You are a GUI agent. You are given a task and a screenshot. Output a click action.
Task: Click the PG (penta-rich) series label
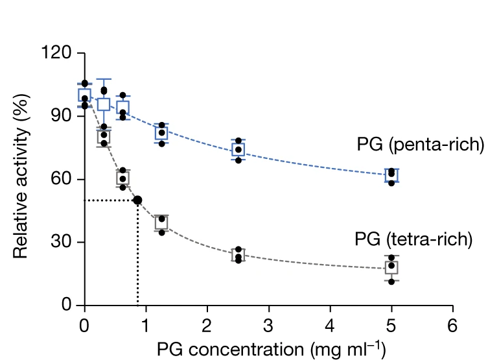coord(420,144)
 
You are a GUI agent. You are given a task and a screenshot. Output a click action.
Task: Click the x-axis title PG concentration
coord(271,349)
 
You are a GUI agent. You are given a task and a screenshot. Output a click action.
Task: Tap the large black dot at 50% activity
coord(137,200)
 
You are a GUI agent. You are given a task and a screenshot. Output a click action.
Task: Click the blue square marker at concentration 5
coord(391,175)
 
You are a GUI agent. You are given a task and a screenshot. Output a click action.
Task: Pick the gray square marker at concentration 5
coord(391,267)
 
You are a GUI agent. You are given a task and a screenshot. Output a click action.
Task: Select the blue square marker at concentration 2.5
coord(238,150)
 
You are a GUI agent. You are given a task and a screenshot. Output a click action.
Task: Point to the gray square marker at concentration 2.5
coord(238,254)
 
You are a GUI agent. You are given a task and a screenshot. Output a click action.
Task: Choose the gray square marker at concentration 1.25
coord(161,222)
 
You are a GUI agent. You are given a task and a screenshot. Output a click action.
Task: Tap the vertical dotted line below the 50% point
coord(137,259)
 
